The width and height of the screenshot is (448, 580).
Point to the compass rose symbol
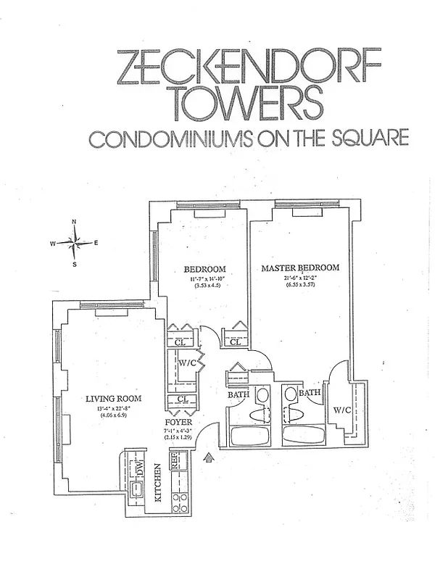tap(75, 243)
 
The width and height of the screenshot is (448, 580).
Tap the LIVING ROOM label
tap(113, 398)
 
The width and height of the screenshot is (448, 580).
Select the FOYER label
tap(178, 420)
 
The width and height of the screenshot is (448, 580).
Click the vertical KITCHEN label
tap(158, 486)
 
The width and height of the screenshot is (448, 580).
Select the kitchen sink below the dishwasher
tap(136, 492)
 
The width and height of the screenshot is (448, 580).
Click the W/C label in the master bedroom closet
tap(342, 410)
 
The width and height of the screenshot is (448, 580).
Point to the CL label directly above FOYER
tap(182, 399)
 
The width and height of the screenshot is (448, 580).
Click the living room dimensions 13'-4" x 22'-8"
tap(113, 408)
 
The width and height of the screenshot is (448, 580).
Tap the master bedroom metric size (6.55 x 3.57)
tap(299, 285)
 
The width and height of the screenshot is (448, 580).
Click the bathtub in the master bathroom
tap(304, 436)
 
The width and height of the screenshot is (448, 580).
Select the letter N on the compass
tap(74, 222)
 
